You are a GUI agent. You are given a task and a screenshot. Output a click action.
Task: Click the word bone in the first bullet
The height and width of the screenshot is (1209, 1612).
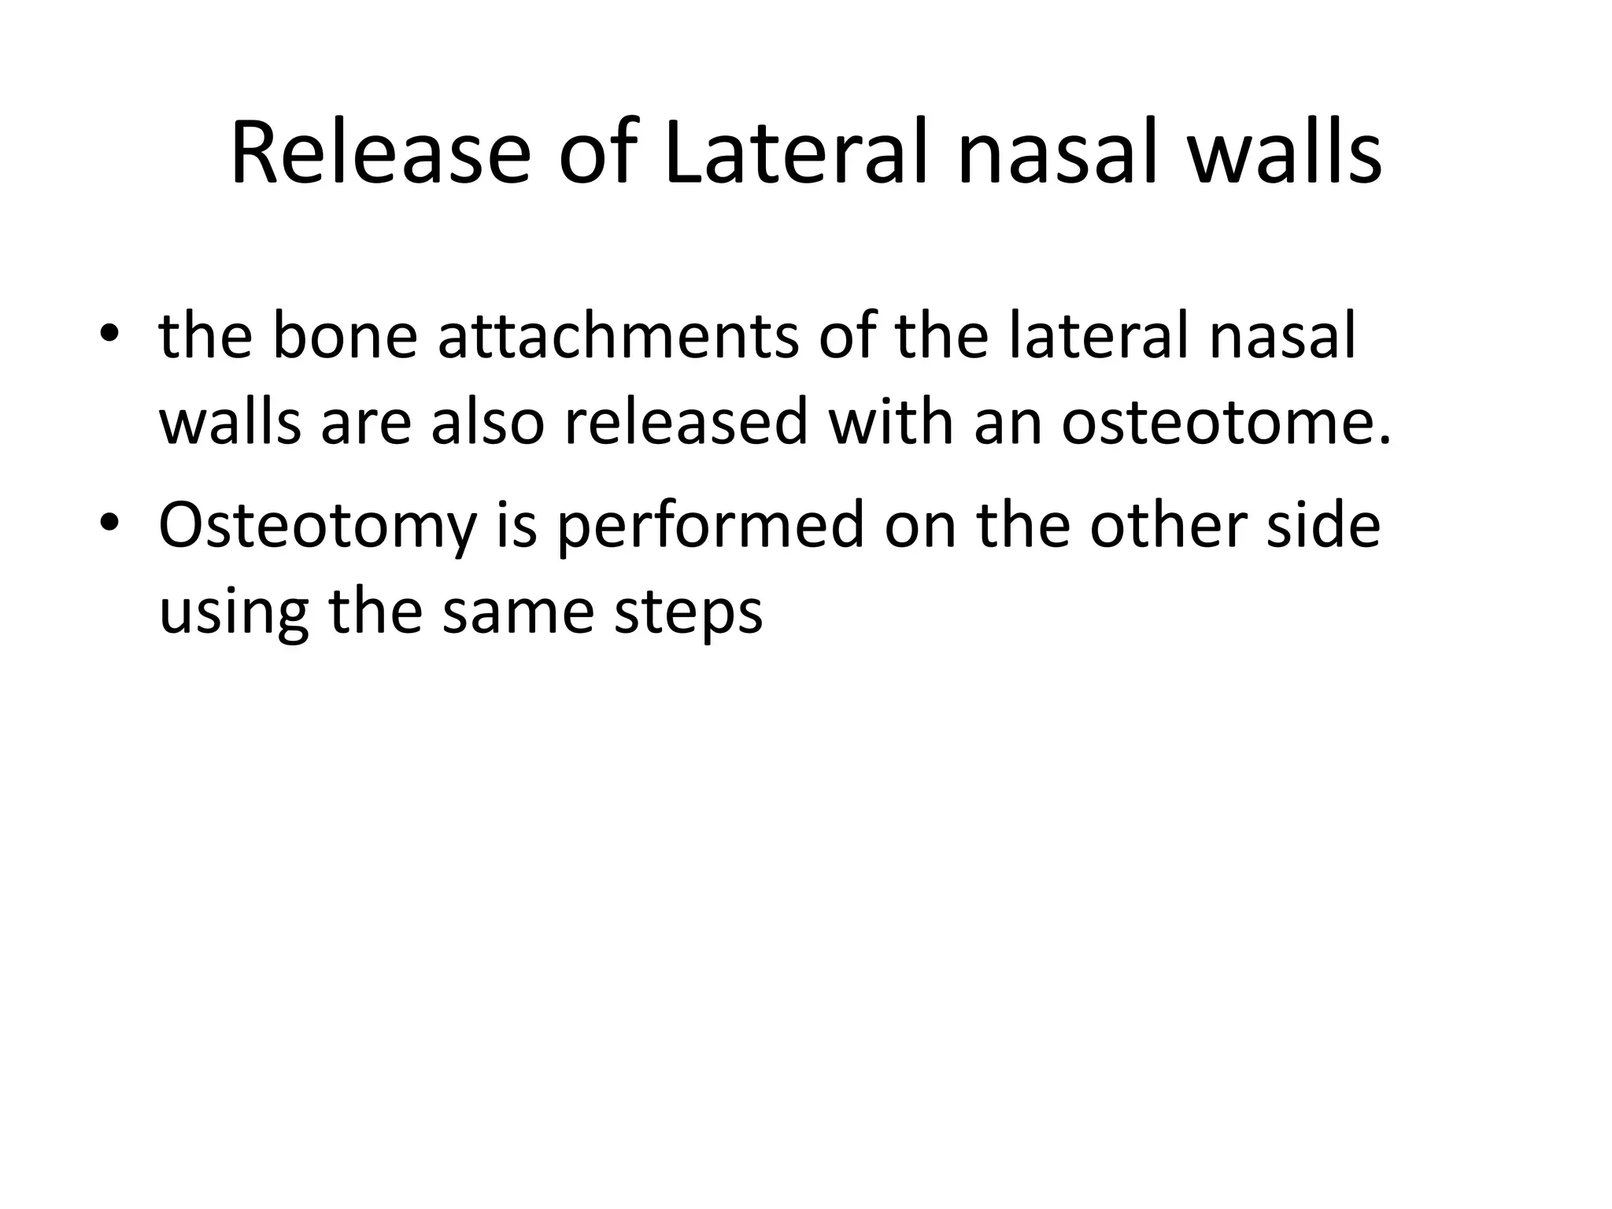point(345,337)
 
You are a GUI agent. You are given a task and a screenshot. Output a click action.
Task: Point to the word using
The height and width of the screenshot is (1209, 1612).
point(233,612)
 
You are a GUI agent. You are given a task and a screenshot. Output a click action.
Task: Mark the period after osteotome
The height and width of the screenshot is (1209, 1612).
point(1385,441)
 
